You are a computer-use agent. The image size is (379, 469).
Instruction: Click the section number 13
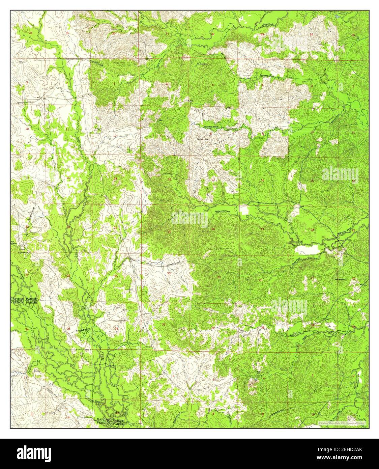pyautogui.click(x=115, y=178)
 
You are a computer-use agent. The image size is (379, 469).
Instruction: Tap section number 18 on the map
pyautogui.click(x=169, y=179)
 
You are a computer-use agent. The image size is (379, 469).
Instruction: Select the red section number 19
pyautogui.click(x=169, y=231)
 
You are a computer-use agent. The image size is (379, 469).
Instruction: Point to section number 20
pyautogui.click(x=213, y=229)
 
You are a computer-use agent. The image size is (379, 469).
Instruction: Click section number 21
pyautogui.click(x=262, y=229)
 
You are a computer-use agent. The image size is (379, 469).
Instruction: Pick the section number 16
pyautogui.click(x=262, y=181)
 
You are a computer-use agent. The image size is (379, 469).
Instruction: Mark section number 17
pyautogui.click(x=213, y=180)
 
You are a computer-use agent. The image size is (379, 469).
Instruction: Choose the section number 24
pyautogui.click(x=115, y=227)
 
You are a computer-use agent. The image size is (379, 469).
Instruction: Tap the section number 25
pyautogui.click(x=116, y=276)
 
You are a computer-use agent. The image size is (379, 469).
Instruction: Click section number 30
pyautogui.click(x=169, y=273)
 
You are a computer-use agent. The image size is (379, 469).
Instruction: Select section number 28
pyautogui.click(x=260, y=280)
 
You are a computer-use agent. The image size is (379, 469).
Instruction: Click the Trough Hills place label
pyautogui.click(x=203, y=139)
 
